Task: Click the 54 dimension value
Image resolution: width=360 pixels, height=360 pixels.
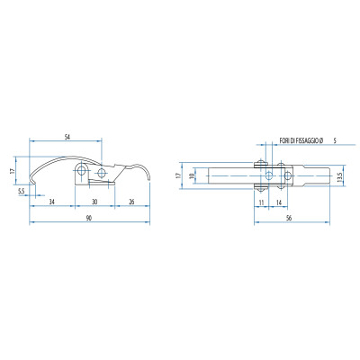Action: [67, 137]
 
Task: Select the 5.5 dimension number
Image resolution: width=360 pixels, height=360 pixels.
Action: [21, 191]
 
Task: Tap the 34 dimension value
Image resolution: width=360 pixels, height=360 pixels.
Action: [51, 202]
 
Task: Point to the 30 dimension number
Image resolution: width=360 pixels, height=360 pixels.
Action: [94, 202]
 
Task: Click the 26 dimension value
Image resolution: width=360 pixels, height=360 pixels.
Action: [131, 202]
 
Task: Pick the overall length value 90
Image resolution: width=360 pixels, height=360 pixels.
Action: [89, 218]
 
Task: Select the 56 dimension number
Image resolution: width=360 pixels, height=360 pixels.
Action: [289, 218]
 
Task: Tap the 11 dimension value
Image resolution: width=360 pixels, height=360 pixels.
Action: [261, 202]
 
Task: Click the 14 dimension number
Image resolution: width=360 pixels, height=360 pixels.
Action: [279, 202]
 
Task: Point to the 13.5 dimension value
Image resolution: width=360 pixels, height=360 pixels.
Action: [339, 177]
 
